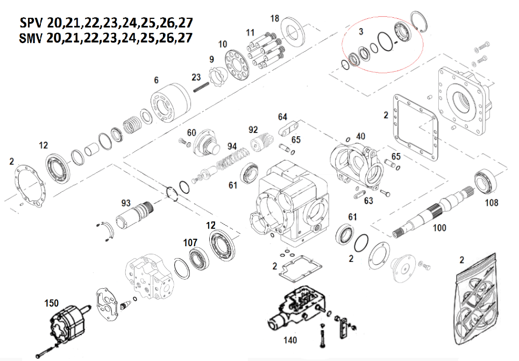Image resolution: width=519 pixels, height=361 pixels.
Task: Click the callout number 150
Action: pos(52,304)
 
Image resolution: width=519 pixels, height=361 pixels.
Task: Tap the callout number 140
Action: pos(289,341)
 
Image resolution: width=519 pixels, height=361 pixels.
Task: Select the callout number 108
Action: pos(491,203)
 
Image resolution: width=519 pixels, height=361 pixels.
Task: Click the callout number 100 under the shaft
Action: pos(439,228)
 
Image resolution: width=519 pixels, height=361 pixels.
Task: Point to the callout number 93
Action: pos(126,203)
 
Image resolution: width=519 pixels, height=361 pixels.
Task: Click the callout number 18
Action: pos(275,19)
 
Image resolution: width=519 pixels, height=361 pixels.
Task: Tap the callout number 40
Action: pos(360,136)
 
